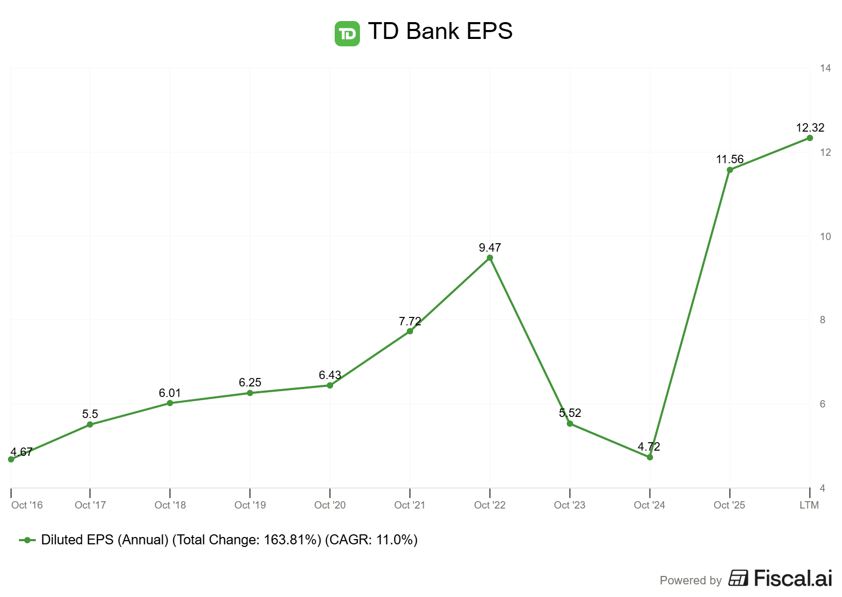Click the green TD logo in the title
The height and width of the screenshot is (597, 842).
coord(347,34)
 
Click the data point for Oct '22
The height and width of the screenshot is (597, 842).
coord(490,258)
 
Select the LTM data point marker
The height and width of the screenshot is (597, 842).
coord(810,138)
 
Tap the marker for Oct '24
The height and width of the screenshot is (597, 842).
coord(650,457)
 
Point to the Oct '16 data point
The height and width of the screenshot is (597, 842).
coord(11,459)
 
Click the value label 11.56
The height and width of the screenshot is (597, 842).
coord(730,159)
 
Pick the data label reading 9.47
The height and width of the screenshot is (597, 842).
coord(490,247)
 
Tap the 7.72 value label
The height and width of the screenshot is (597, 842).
coord(410,321)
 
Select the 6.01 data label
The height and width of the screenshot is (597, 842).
coord(170,393)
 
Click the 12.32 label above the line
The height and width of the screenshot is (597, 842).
coord(810,127)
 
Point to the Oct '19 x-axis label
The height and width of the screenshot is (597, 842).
coord(250,505)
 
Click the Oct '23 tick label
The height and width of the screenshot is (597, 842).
coord(569,505)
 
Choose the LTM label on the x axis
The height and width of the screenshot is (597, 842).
coord(809,505)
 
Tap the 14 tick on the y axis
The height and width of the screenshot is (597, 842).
coord(825,68)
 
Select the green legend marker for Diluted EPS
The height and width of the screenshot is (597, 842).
coord(27,540)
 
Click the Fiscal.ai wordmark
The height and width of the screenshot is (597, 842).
coord(793,578)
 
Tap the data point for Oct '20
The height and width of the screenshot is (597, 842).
coord(330,385)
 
